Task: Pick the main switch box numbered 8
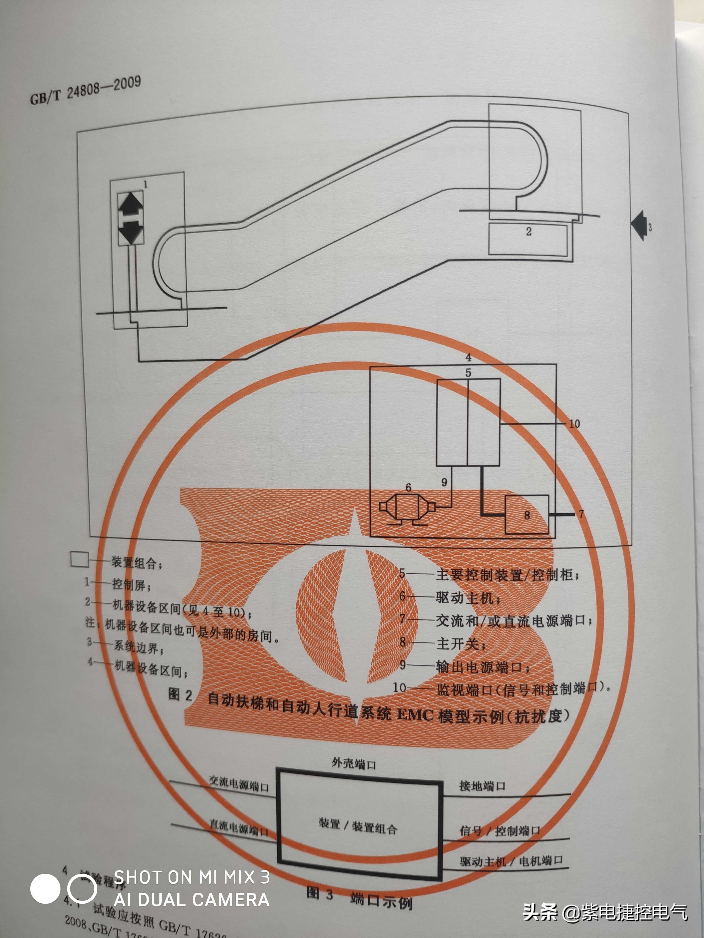pos(527,514)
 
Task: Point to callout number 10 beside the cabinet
pos(574,424)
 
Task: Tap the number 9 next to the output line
pos(444,482)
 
